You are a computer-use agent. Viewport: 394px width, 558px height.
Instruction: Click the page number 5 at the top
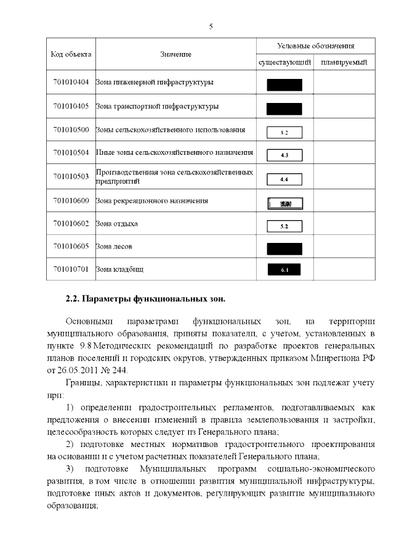[211, 27]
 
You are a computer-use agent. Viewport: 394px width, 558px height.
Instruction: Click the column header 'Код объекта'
[71, 54]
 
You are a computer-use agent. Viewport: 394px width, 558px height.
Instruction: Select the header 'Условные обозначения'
[315, 46]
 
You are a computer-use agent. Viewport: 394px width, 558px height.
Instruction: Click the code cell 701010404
[71, 83]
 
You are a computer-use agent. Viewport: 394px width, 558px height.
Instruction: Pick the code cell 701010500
[71, 130]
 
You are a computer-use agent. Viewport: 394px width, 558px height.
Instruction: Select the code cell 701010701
[71, 269]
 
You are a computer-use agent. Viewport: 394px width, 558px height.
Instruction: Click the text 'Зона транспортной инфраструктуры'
[158, 107]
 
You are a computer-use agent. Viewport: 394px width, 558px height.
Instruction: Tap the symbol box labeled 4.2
[284, 132]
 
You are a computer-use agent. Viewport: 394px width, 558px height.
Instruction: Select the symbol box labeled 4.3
[284, 155]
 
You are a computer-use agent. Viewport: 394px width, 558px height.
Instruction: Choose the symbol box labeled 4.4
[284, 179]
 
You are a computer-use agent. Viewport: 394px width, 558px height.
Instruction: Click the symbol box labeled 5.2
[284, 226]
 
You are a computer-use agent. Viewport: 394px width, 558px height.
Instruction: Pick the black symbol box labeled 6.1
[284, 270]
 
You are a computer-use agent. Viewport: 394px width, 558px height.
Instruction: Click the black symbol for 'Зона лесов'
[284, 248]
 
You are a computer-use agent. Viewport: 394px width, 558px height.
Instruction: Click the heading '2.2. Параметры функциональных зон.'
[146, 300]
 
